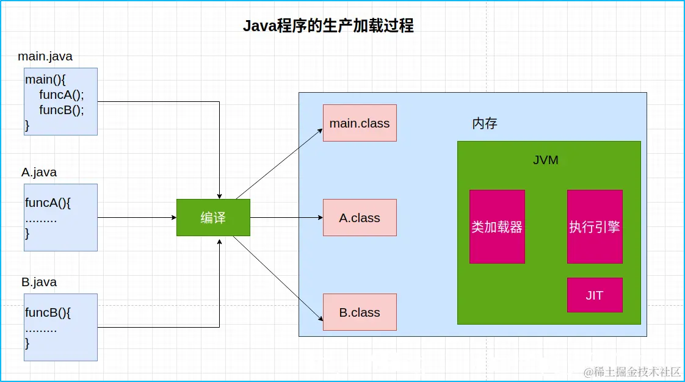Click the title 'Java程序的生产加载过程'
[x=328, y=26]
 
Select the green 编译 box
[x=213, y=218]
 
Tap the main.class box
[x=360, y=123]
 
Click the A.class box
[x=360, y=218]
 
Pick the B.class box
[x=360, y=312]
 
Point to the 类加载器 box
[x=497, y=227]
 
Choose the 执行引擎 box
[x=595, y=227]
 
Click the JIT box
[x=595, y=295]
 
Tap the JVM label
[x=545, y=160]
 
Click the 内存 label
[x=485, y=123]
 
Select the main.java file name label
[x=45, y=57]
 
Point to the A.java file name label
[x=39, y=173]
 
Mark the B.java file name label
[x=39, y=283]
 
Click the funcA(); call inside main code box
[x=62, y=95]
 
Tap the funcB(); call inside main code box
[x=62, y=110]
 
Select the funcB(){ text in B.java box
[x=48, y=313]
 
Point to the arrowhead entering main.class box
[x=319, y=131]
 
